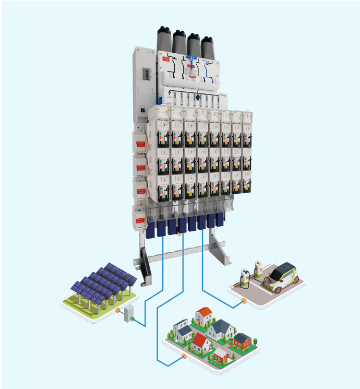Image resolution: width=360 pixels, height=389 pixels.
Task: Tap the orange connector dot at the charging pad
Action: pyautogui.click(x=243, y=301)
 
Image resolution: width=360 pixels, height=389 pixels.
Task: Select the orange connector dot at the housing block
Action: pyautogui.click(x=184, y=357)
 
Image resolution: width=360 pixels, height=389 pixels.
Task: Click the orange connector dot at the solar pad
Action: pyautogui.click(x=118, y=310)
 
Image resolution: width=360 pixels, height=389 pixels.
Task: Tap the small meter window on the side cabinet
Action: pyautogui.click(x=148, y=74)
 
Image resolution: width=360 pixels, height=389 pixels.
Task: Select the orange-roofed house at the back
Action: pyautogui.click(x=204, y=315)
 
